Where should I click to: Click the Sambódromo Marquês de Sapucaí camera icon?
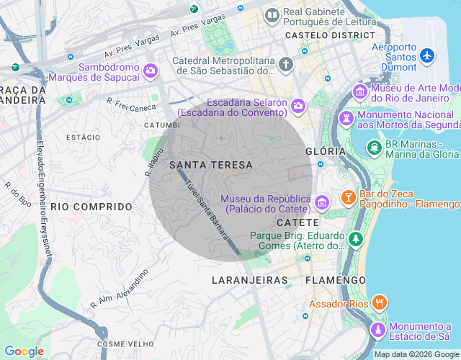tap(151, 70)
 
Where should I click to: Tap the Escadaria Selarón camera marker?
tap(298, 107)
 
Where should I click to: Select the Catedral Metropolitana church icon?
tap(286, 65)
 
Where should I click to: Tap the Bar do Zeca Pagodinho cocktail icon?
tap(348, 197)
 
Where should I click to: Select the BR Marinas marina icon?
tap(374, 147)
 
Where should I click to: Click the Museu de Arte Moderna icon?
tap(359, 91)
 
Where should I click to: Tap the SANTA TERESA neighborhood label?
tap(211, 165)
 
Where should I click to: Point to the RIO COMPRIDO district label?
tap(91, 207)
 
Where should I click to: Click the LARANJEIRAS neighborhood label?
tap(250, 279)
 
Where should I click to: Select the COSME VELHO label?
tap(120, 344)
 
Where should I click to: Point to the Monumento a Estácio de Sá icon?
tap(377, 329)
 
